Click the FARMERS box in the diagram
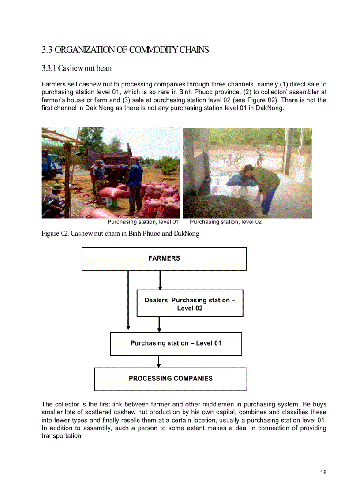click(164, 259)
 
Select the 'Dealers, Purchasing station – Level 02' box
click(190, 304)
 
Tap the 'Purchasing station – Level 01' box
click(176, 343)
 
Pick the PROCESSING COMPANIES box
click(170, 379)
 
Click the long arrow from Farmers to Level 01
click(128, 300)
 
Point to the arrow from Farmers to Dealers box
click(160, 279)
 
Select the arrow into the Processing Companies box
click(159, 361)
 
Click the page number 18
click(323, 473)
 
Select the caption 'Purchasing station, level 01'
click(143, 222)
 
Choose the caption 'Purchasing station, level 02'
click(225, 222)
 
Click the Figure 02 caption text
click(120, 234)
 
